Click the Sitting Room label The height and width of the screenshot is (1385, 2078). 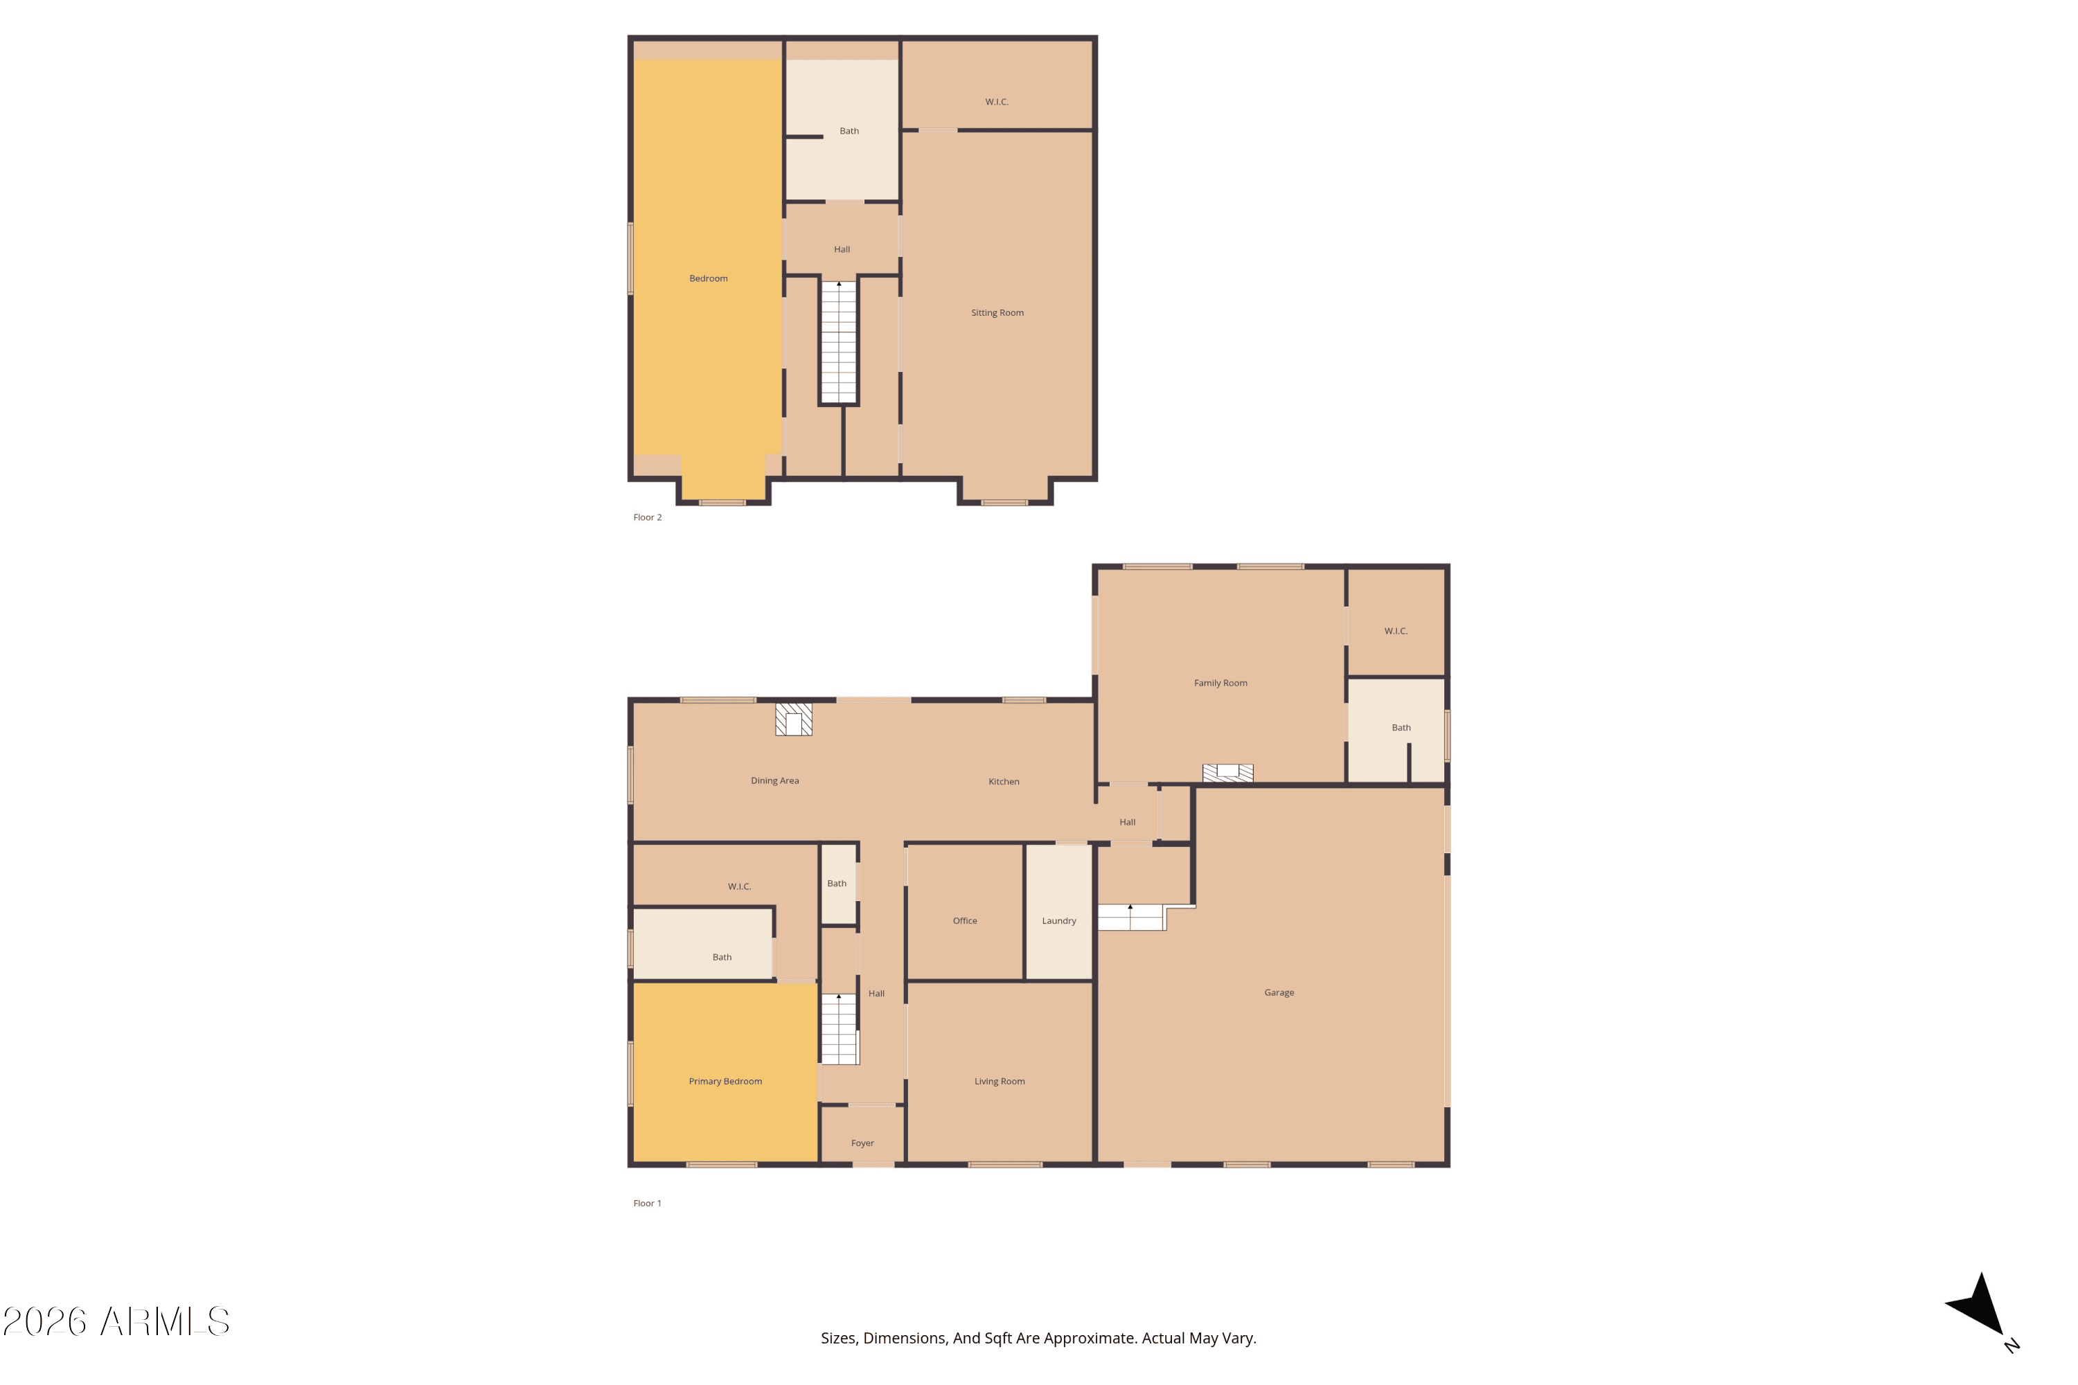tap(997, 313)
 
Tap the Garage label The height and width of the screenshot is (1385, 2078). tap(1279, 993)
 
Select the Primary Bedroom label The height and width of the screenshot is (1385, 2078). tap(725, 1081)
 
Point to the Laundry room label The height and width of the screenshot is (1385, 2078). tap(1058, 920)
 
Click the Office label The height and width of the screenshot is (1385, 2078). tap(965, 920)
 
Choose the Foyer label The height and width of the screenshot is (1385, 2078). tap(862, 1143)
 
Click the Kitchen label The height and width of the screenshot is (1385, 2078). tap(1004, 782)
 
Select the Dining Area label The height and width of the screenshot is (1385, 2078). tap(775, 781)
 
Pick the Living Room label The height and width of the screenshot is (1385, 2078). tap(1000, 1081)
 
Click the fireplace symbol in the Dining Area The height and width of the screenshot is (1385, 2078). tap(793, 719)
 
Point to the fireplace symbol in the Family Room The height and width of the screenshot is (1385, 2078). tap(1227, 773)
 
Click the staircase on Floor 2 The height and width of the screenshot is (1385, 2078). tap(838, 342)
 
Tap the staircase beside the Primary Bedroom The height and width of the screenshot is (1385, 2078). tap(840, 1029)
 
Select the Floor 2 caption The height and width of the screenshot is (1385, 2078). tap(647, 517)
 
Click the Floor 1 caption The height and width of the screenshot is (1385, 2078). tap(647, 1203)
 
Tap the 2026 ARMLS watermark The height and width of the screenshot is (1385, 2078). tap(116, 1321)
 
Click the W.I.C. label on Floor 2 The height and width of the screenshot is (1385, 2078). tap(997, 102)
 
